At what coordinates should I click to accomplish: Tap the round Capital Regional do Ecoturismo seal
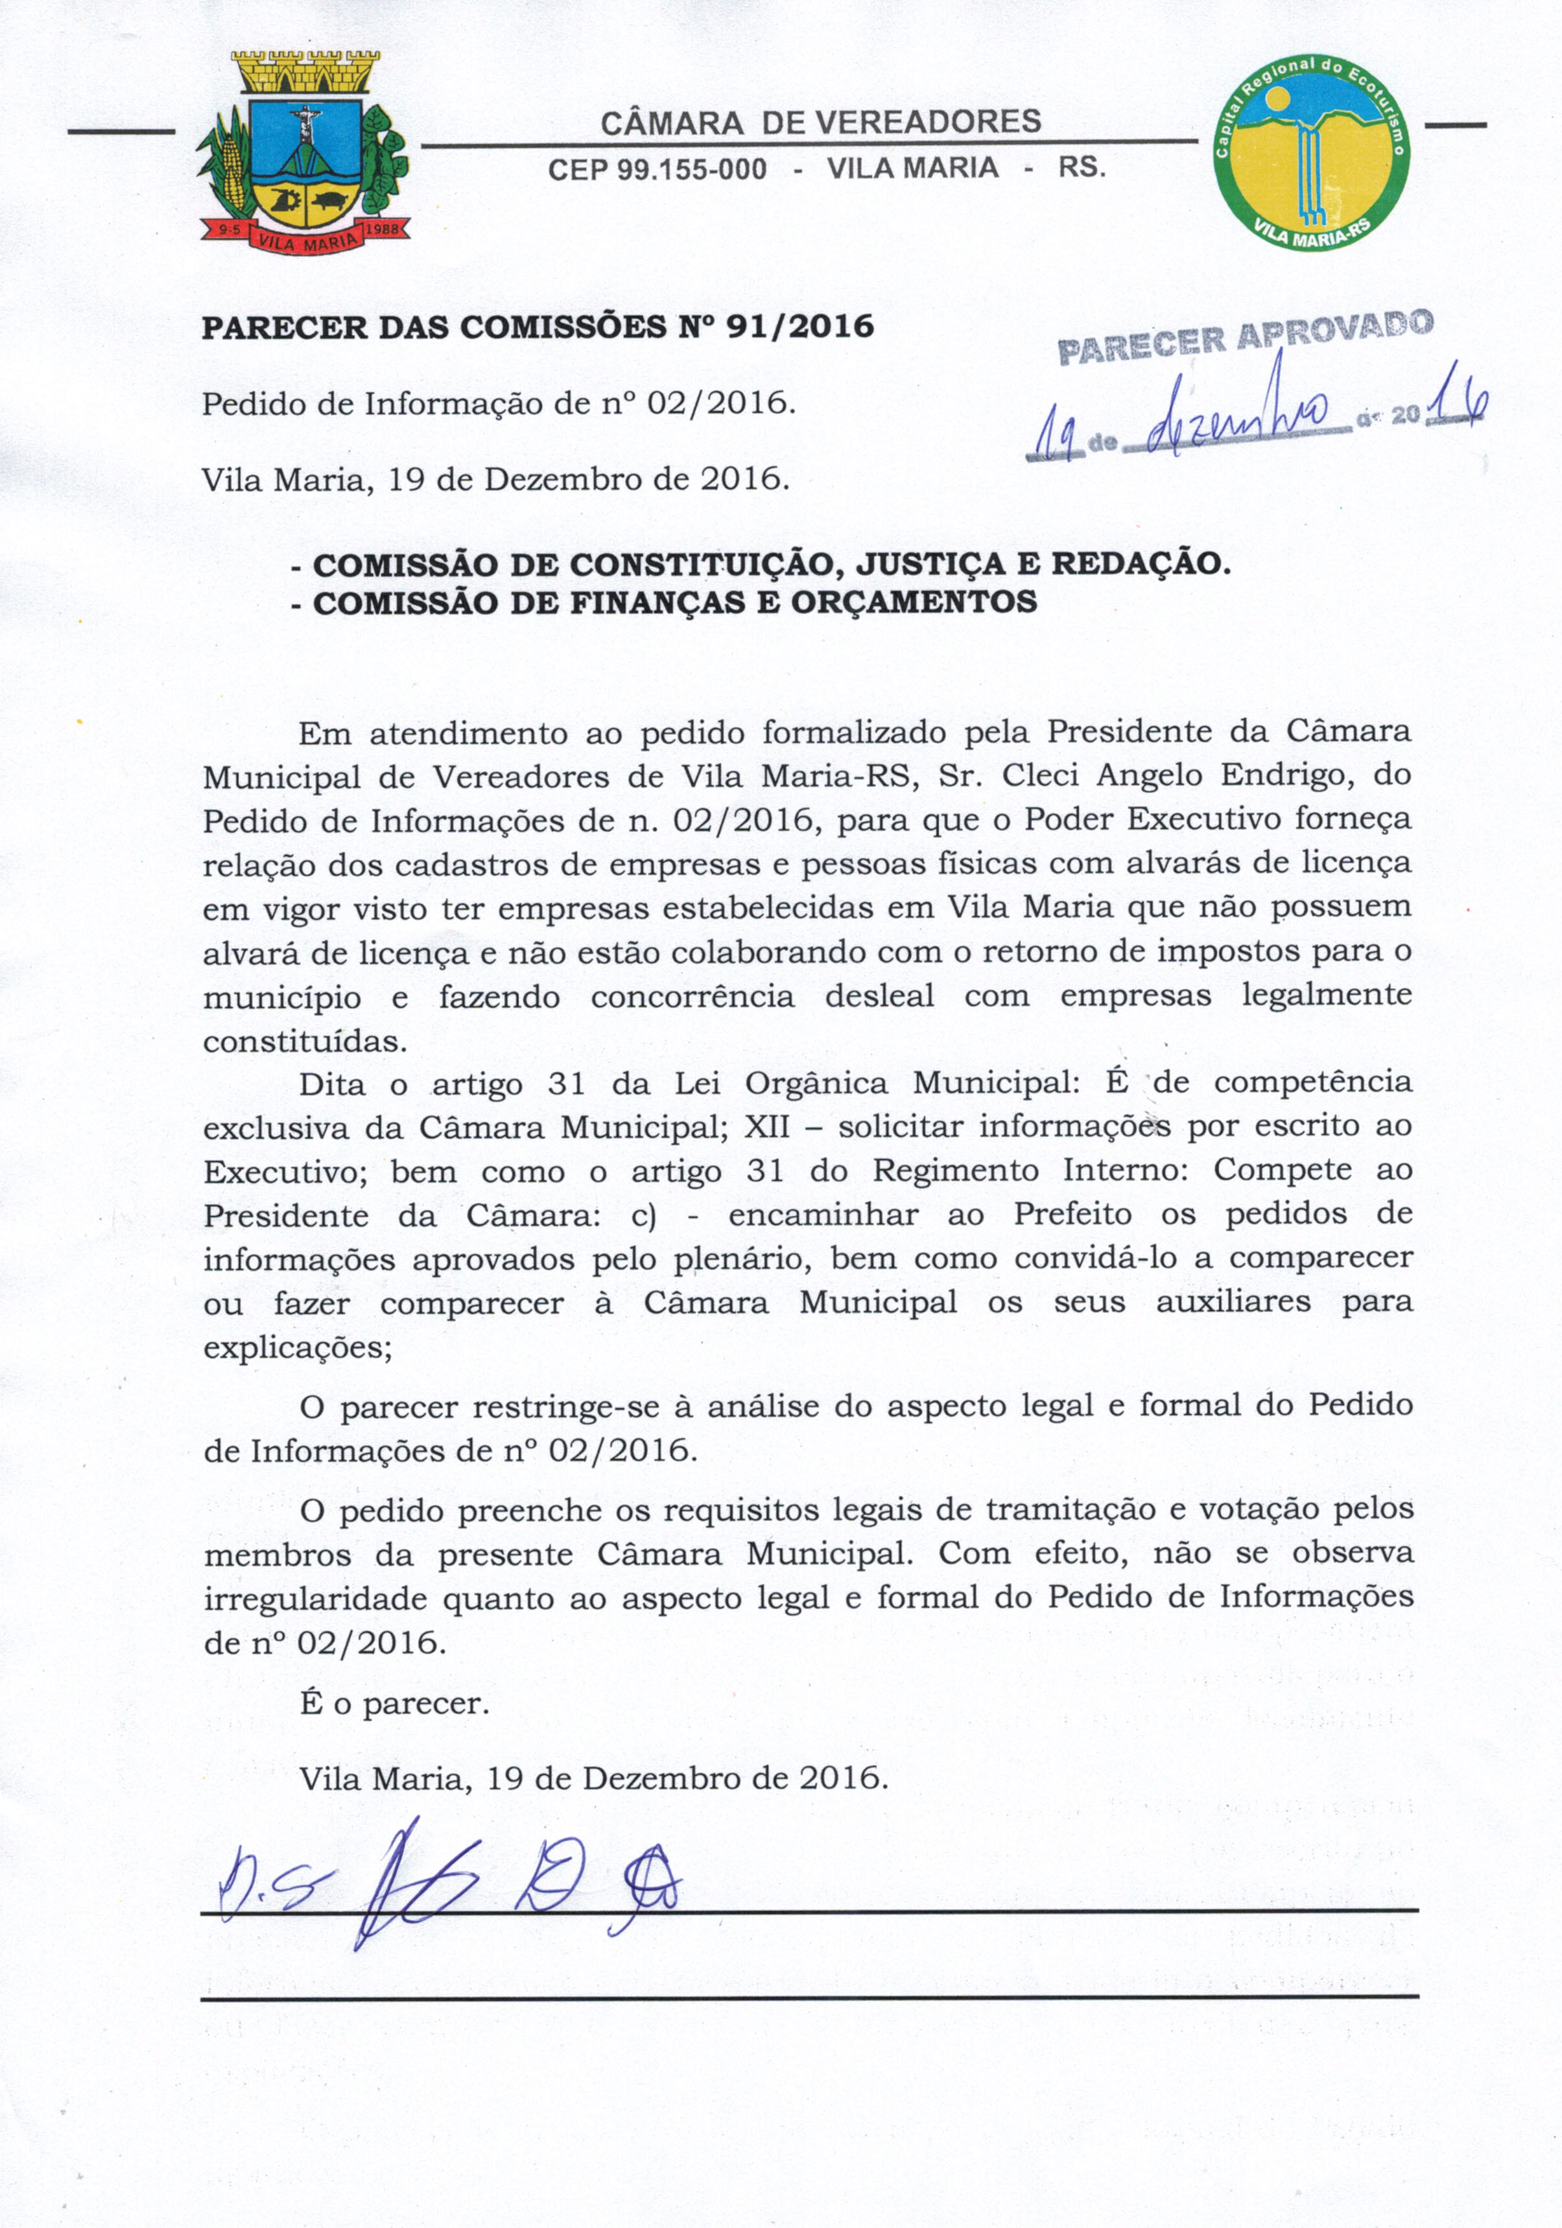point(1312,150)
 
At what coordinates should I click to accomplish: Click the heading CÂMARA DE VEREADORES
point(820,123)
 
